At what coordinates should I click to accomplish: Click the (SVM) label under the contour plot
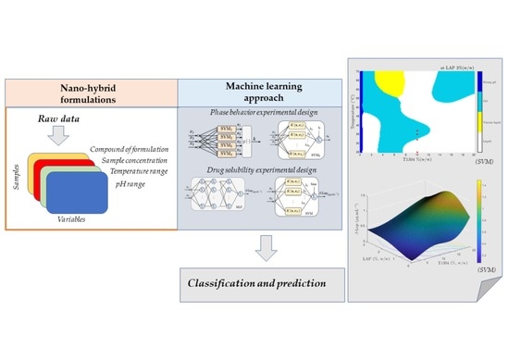tap(466, 174)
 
